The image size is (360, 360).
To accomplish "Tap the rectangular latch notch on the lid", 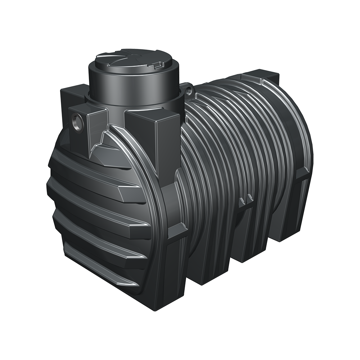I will click(157, 66).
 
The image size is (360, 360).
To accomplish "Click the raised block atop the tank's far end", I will click(261, 77).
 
